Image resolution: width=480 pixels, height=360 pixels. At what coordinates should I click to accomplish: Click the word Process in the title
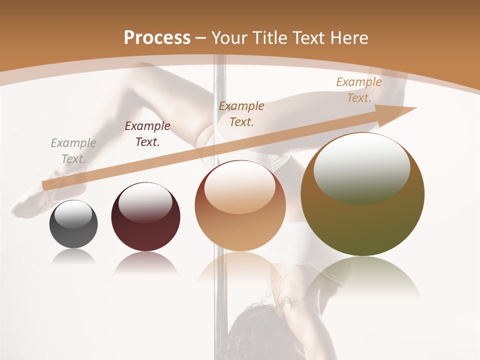point(157,38)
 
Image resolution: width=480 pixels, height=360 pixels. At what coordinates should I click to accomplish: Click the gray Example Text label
point(73,151)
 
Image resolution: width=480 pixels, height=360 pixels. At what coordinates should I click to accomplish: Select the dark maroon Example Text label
point(147,134)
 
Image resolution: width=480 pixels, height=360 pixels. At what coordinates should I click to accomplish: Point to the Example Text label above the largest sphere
point(359,90)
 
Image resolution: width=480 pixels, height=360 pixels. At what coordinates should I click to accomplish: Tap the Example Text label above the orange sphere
point(241,113)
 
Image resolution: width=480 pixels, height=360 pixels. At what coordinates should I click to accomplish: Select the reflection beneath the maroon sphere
point(145,262)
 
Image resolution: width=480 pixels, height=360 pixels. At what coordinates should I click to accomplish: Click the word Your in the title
point(228,38)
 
